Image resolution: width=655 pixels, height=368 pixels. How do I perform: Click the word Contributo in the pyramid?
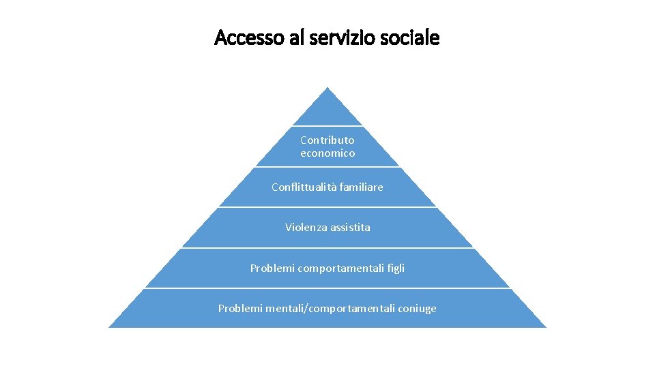tap(327, 140)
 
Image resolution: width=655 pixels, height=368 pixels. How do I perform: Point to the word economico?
tap(327, 153)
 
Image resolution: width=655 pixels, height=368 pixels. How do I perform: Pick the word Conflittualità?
tap(301, 187)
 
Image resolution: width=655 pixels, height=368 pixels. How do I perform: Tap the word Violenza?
tap(306, 227)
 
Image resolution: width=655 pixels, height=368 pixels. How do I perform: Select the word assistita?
tap(349, 227)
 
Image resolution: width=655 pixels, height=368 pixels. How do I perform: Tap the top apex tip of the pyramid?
tap(327, 88)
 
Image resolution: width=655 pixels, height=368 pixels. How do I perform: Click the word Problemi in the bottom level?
tap(237, 309)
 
